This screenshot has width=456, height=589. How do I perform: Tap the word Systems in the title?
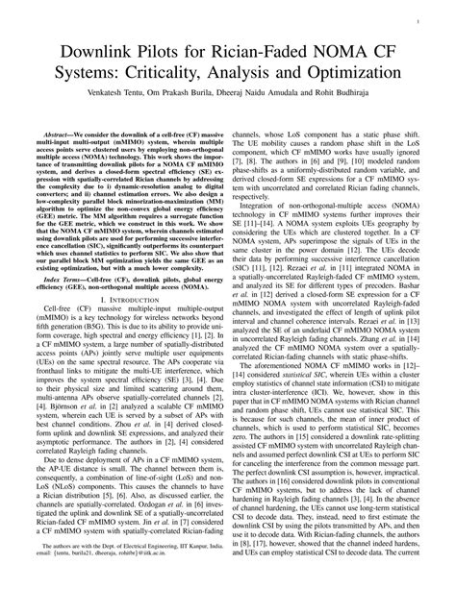pos(94,73)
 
